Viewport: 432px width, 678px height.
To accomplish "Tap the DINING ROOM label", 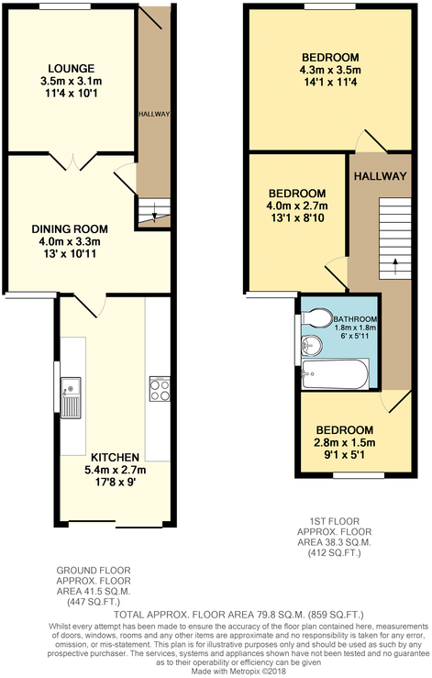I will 70,229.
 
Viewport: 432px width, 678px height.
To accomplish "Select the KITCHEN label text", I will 115,457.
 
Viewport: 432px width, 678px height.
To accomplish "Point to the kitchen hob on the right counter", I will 157,391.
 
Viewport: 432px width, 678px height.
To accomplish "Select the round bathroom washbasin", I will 310,347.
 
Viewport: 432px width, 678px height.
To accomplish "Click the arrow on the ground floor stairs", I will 154,216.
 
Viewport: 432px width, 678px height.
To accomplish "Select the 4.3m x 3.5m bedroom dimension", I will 330,69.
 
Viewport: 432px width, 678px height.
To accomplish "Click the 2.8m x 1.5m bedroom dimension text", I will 345,442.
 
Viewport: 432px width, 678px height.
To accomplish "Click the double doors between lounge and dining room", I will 71,161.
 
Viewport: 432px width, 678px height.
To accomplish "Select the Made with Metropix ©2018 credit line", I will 216,671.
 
